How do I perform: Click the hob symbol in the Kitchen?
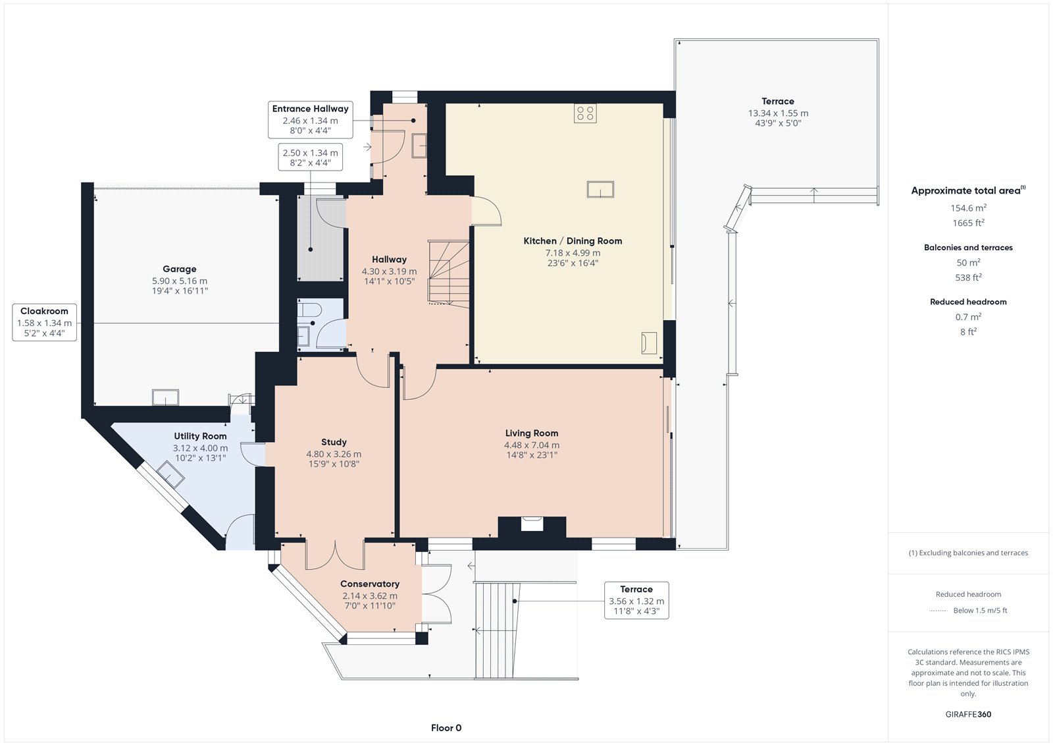pyautogui.click(x=585, y=113)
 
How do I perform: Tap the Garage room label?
pyautogui.click(x=180, y=269)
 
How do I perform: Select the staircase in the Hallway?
pyautogui.click(x=448, y=274)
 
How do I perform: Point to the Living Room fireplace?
pyautogui.click(x=532, y=527)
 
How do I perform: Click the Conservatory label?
pyautogui.click(x=370, y=584)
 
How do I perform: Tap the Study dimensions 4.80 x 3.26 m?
pyautogui.click(x=334, y=454)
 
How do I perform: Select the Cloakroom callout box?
pyautogui.click(x=44, y=322)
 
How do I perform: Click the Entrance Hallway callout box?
pyautogui.click(x=310, y=120)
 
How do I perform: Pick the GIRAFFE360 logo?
pyautogui.click(x=968, y=714)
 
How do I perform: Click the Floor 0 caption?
pyautogui.click(x=446, y=728)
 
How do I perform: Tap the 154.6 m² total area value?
pyautogui.click(x=968, y=207)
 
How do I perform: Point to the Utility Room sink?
pyautogui.click(x=170, y=474)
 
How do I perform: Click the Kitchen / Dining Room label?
pyautogui.click(x=573, y=241)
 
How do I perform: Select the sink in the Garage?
pyautogui.click(x=165, y=397)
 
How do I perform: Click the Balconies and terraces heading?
pyautogui.click(x=968, y=248)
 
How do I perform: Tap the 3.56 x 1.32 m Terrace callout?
pyautogui.click(x=636, y=600)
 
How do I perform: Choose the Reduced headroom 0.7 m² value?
pyautogui.click(x=968, y=317)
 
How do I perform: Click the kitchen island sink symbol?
pyautogui.click(x=600, y=189)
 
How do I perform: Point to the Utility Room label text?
pyautogui.click(x=200, y=436)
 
